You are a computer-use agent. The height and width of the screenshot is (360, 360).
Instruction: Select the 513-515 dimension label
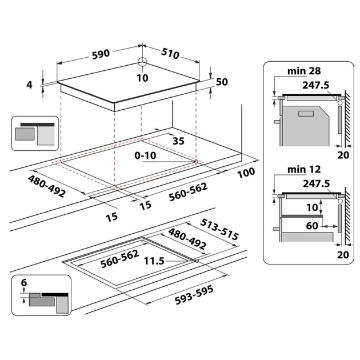coord(219,229)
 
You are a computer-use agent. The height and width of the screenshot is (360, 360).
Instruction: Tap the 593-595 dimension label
coord(194,290)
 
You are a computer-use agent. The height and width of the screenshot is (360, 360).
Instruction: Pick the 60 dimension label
coord(311,226)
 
